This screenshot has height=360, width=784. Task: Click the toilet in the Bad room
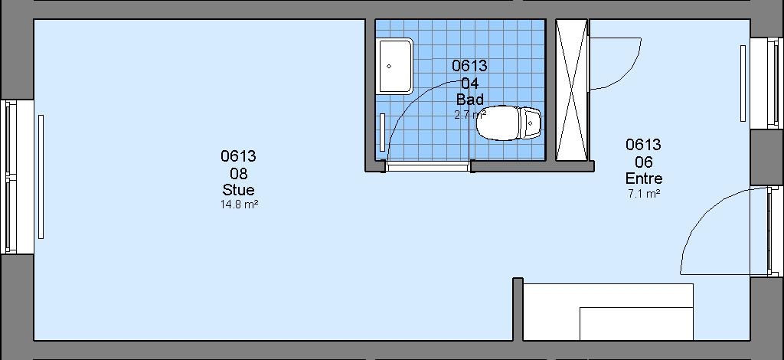point(508,123)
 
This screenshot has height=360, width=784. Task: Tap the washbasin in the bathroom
point(396,66)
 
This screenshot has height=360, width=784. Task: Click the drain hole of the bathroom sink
point(389,66)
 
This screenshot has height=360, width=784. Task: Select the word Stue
point(239,190)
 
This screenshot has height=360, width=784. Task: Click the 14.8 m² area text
point(239,204)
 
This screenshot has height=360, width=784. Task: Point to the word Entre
point(644,178)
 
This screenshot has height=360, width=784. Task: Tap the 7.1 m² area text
point(644,193)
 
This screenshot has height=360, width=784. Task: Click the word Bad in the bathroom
point(470,99)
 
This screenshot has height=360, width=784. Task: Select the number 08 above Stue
point(239,174)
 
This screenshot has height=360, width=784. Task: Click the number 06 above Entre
point(644,162)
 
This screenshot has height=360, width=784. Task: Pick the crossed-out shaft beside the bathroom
point(572,90)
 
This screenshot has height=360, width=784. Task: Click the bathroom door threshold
point(427,166)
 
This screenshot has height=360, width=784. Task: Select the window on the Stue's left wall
point(11,177)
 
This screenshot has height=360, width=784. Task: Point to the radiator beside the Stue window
point(41,177)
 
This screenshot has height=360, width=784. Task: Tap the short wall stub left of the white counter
point(518,309)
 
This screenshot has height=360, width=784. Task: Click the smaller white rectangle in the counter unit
point(636,324)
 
